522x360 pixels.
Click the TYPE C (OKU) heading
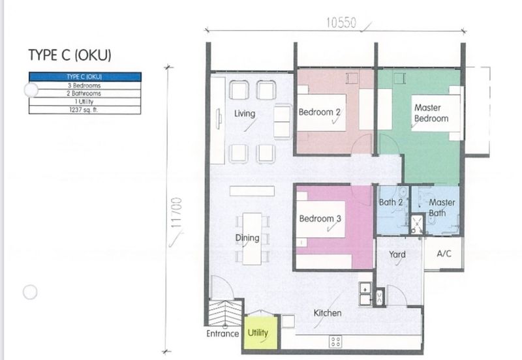(x=74, y=55)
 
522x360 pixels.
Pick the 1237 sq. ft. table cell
(x=84, y=110)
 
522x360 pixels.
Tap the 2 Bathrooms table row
(x=84, y=93)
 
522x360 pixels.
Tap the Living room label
(x=245, y=114)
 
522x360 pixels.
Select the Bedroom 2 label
(x=320, y=112)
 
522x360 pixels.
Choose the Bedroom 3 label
(x=320, y=218)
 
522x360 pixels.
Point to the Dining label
(x=247, y=238)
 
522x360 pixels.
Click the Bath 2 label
(x=391, y=203)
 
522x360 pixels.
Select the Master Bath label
(x=442, y=208)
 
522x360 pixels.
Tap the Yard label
(x=397, y=254)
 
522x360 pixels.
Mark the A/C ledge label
(x=444, y=254)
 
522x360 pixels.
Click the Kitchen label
(x=327, y=313)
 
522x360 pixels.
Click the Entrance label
(x=223, y=333)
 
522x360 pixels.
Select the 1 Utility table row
(x=84, y=102)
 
